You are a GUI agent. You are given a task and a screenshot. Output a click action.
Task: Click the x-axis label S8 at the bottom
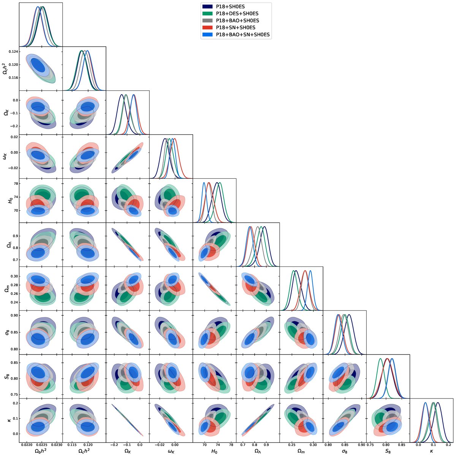pyautogui.click(x=388, y=450)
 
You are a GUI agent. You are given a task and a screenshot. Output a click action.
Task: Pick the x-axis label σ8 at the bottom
pyautogui.click(x=345, y=450)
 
